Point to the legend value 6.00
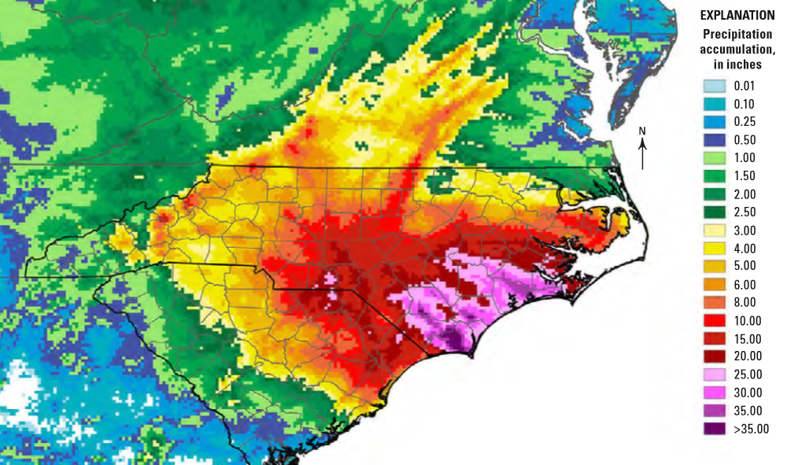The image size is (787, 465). pyautogui.click(x=745, y=285)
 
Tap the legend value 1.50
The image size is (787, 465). pyautogui.click(x=745, y=176)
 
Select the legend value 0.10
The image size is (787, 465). pyautogui.click(x=745, y=104)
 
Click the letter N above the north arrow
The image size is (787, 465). pyautogui.click(x=642, y=131)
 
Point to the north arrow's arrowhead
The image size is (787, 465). pyautogui.click(x=643, y=142)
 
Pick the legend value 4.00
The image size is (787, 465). pyautogui.click(x=745, y=249)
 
